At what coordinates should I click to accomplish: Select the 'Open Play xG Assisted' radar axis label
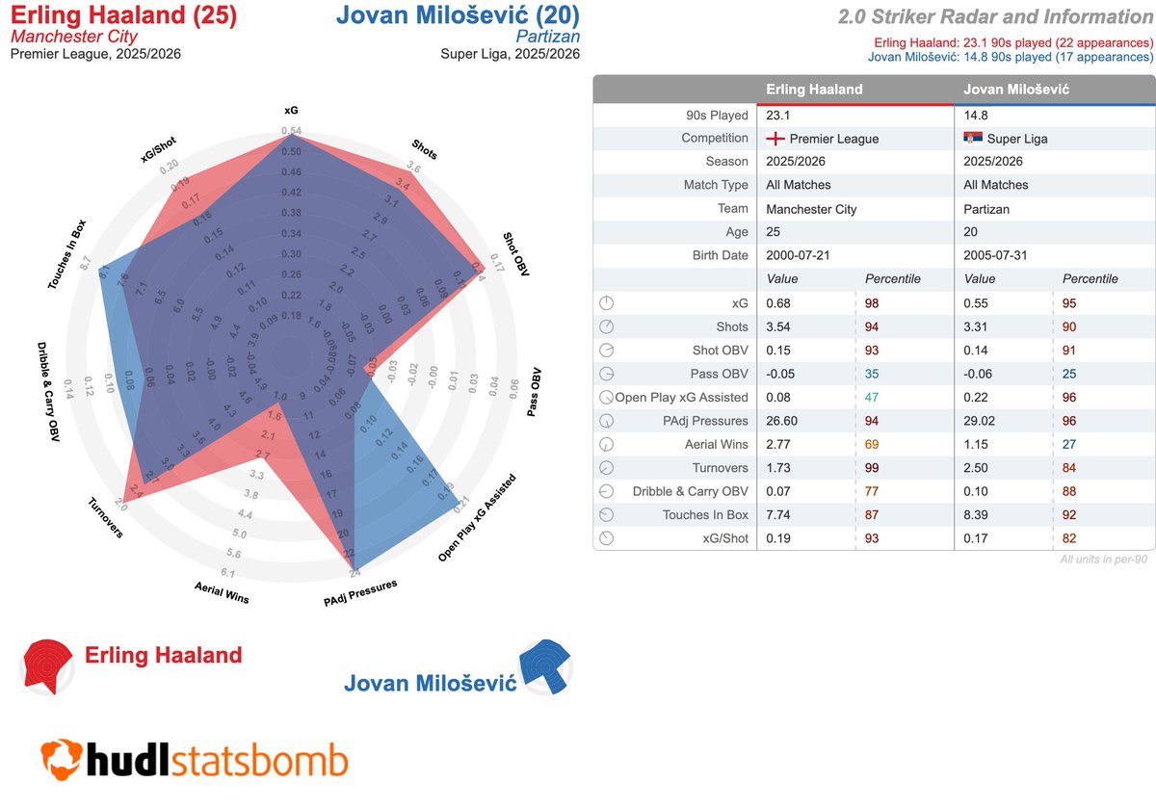478,517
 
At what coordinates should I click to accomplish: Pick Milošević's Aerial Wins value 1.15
979,444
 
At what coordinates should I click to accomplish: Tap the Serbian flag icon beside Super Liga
972,138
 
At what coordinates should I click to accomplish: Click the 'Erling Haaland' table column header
814,90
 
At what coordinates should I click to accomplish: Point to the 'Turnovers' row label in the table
720,468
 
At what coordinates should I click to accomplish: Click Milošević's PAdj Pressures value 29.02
983,421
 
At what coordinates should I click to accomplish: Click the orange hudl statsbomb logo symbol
61,759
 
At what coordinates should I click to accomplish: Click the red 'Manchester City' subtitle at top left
74,36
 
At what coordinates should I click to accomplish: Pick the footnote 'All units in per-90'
1104,559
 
